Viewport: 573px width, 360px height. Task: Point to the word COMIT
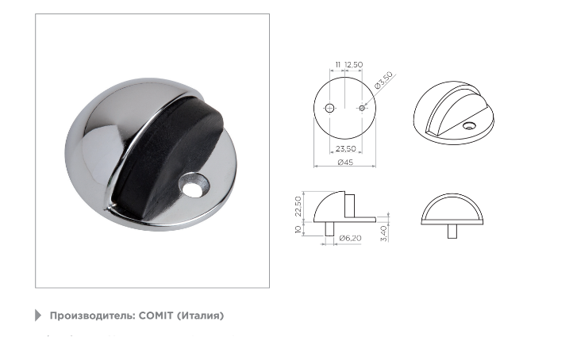point(156,315)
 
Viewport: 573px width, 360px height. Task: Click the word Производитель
point(92,316)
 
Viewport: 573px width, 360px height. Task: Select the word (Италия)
point(200,316)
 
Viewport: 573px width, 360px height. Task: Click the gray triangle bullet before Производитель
point(38,315)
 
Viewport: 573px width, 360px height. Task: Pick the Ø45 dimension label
point(345,162)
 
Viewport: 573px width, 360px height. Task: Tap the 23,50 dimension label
point(346,148)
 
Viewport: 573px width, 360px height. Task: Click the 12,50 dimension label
point(354,64)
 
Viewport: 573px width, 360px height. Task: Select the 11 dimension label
point(337,64)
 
